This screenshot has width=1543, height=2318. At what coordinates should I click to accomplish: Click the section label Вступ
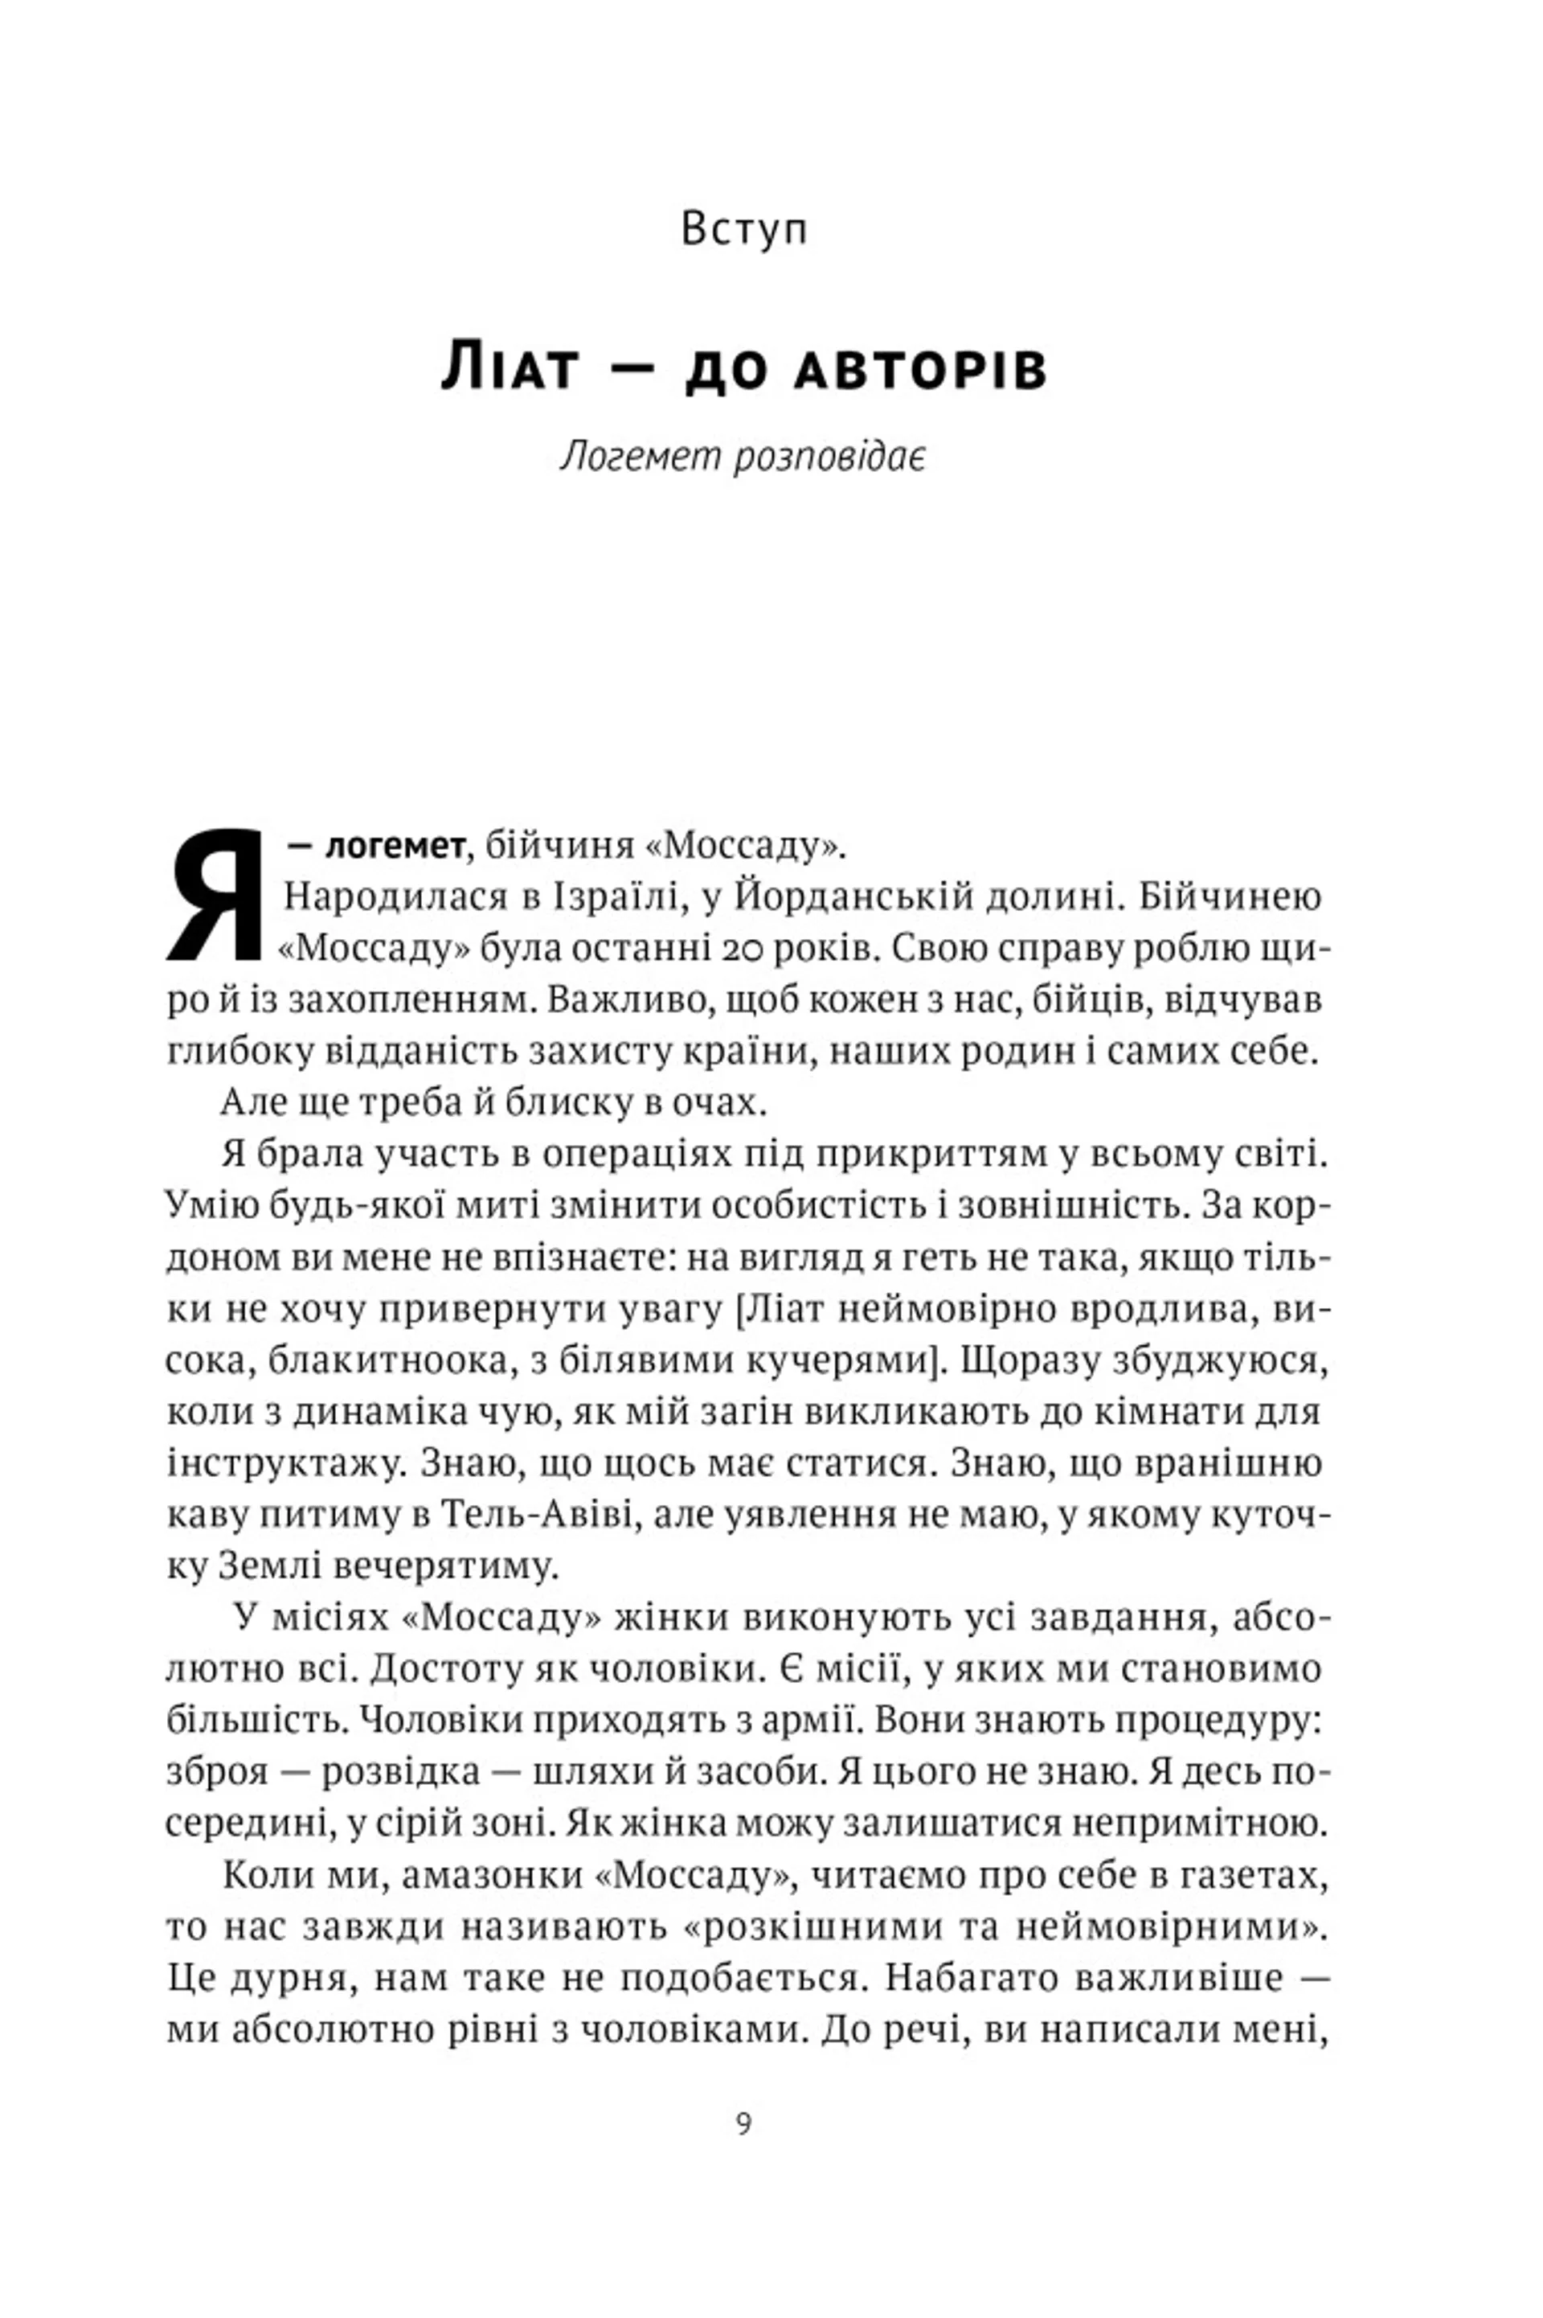[744, 229]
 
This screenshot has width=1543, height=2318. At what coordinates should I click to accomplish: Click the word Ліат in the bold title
[508, 367]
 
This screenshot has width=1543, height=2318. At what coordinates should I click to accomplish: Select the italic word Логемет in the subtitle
[640, 457]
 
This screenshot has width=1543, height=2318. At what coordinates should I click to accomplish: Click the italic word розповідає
[829, 457]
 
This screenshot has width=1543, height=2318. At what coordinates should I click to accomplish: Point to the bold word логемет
[394, 847]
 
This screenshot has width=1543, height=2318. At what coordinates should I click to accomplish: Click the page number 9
[744, 2123]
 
